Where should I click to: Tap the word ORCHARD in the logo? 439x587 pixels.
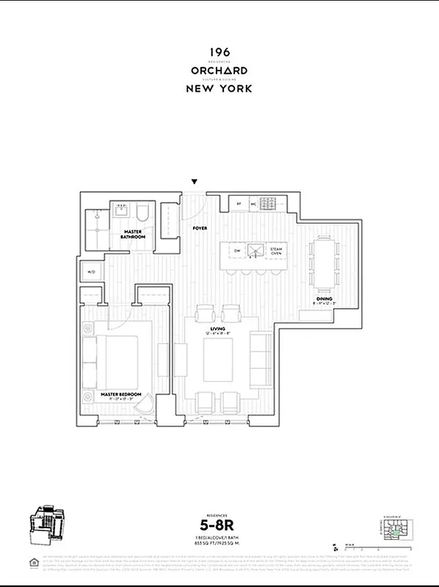[219, 70]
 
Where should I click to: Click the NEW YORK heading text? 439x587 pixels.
[219, 88]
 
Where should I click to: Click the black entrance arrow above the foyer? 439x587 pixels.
[195, 181]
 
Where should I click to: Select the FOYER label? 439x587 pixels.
[200, 228]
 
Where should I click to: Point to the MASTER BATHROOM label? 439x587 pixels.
[134, 236]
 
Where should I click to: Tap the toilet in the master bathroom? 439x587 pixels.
[143, 215]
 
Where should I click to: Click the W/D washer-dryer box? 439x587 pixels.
[92, 272]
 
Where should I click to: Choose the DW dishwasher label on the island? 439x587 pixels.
[238, 251]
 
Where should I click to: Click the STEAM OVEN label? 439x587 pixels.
[276, 251]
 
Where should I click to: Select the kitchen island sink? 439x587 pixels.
[256, 251]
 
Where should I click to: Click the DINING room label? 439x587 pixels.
[324, 299]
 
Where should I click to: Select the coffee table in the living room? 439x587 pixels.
[218, 356]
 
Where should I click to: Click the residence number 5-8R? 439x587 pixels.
[219, 525]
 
